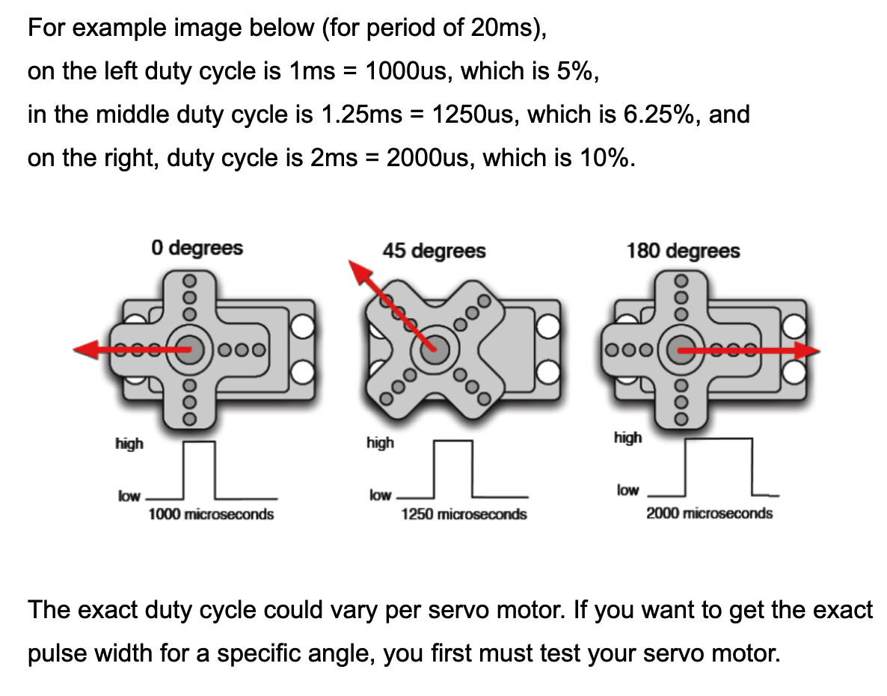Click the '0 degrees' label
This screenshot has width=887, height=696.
click(x=197, y=248)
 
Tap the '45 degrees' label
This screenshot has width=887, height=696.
click(x=434, y=251)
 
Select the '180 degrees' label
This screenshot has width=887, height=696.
click(x=683, y=251)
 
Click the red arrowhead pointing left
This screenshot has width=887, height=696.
click(x=87, y=349)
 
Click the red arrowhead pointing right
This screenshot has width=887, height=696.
click(x=807, y=351)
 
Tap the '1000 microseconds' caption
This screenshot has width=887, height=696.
click(x=211, y=514)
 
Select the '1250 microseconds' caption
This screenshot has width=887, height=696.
click(x=464, y=514)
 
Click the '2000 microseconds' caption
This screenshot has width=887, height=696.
click(x=709, y=513)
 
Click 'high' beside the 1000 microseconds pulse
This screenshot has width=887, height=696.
click(x=129, y=443)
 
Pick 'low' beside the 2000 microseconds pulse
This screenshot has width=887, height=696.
click(x=627, y=490)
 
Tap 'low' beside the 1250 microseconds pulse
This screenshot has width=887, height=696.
click(x=380, y=495)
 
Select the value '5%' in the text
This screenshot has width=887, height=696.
click(x=574, y=71)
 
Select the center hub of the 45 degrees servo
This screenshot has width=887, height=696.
click(x=435, y=350)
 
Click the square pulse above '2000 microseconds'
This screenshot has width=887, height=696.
click(x=719, y=438)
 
